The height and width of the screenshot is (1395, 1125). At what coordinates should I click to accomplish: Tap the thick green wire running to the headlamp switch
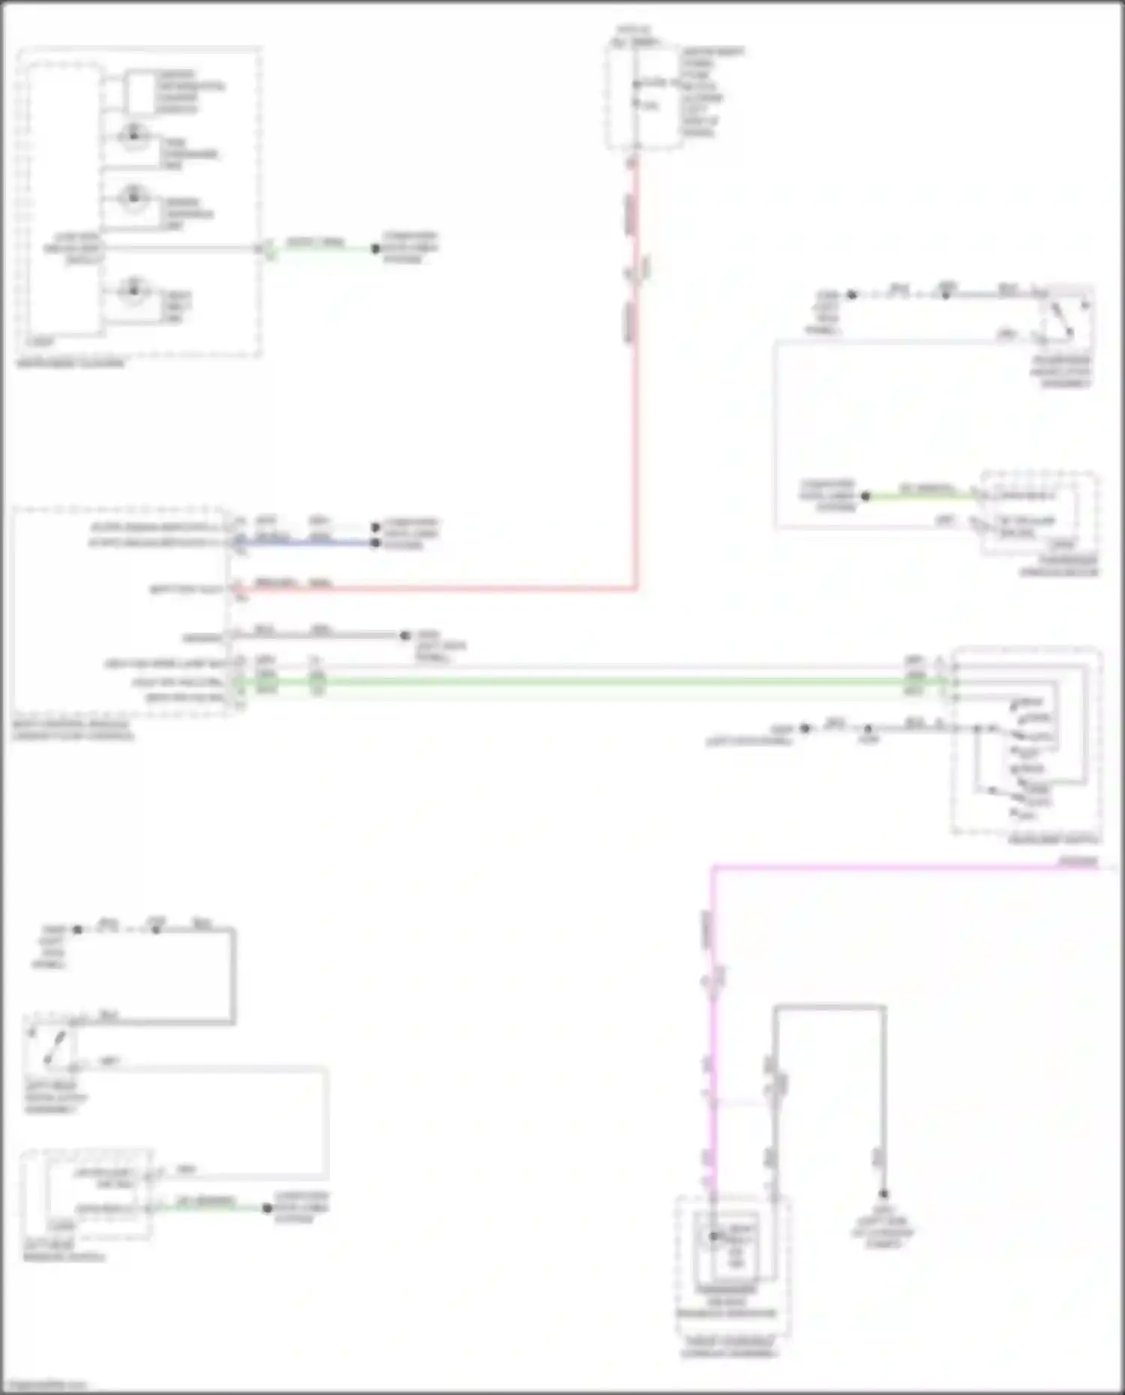tap(600, 681)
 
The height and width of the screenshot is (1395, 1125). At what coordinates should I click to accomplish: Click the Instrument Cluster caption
tap(70, 364)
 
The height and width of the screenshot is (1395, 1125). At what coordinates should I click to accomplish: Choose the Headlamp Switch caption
tap(1054, 840)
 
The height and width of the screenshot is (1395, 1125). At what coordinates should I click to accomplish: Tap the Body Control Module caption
tap(73, 730)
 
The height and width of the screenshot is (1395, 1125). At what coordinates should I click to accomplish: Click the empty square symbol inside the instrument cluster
tap(139, 92)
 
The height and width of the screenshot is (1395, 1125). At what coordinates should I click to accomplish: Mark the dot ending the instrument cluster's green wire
tap(375, 248)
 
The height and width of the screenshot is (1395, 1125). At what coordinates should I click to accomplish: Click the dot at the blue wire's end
tap(375, 542)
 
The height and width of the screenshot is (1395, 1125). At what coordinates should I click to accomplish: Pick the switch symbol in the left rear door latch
tap(52, 1046)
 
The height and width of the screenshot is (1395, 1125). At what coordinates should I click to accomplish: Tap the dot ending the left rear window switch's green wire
tap(266, 1208)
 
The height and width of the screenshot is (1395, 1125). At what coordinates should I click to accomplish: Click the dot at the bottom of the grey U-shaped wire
tap(883, 1194)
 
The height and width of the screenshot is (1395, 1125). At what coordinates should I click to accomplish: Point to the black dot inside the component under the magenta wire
tap(714, 1236)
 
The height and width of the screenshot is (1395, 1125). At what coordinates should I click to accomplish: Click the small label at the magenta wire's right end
tap(1078, 861)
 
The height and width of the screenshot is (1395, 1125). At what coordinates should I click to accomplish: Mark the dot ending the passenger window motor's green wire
tap(865, 495)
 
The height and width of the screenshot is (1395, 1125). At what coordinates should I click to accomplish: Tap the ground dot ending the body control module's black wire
tap(405, 636)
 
